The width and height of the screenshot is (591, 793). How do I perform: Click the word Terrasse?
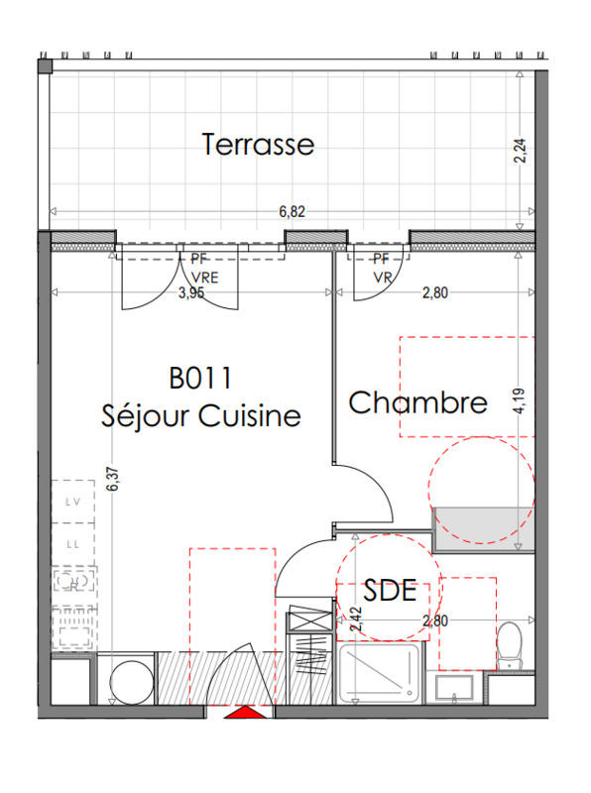coord(258,145)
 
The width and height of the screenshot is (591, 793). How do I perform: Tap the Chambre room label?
coord(417,403)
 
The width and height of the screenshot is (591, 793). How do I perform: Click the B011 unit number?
coord(199,378)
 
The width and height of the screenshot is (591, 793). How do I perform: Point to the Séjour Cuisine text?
coord(200,416)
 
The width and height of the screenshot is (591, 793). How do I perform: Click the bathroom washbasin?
coord(455,686)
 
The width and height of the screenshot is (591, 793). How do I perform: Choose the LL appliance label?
coord(72,544)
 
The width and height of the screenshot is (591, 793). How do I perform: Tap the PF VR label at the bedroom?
coord(382,269)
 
